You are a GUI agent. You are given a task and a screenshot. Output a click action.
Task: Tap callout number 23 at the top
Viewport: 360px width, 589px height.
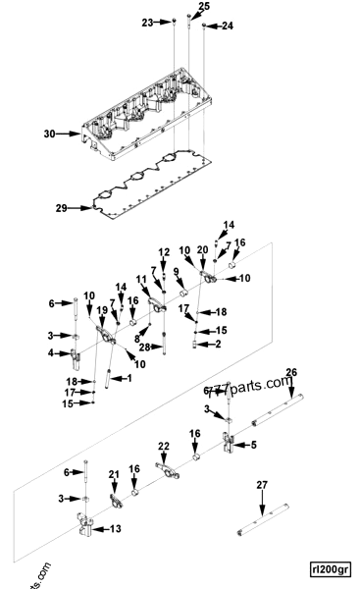pyautogui.click(x=148, y=21)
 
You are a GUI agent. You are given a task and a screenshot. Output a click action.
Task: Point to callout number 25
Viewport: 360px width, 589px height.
pyautogui.click(x=204, y=7)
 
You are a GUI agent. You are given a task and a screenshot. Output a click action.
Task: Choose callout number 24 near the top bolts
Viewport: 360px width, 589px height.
pyautogui.click(x=228, y=26)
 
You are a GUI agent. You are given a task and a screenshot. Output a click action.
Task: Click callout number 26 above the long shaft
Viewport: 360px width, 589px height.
pyautogui.click(x=317, y=372)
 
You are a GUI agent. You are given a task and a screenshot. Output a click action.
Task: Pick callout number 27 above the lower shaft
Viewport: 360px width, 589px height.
pyautogui.click(x=262, y=485)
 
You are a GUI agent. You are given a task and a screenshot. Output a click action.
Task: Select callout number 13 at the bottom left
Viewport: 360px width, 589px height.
pyautogui.click(x=116, y=529)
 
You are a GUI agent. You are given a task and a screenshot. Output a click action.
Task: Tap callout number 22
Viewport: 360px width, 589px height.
pyautogui.click(x=164, y=447)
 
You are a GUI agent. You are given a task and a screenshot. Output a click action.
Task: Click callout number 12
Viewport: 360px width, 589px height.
pyautogui.click(x=164, y=252)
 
